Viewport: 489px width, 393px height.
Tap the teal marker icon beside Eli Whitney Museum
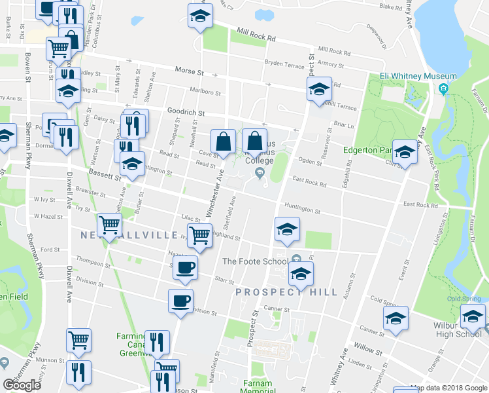444,88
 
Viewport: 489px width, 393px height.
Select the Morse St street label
190,71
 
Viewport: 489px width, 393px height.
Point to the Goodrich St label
186,113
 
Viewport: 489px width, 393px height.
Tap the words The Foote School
255,261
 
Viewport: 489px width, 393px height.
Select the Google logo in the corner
22,385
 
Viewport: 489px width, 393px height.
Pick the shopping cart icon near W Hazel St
110,225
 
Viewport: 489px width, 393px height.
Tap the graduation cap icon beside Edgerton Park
405,152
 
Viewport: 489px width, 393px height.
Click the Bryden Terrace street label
284,65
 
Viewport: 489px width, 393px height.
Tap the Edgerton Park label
366,149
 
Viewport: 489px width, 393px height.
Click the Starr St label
224,281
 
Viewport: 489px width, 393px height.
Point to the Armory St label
331,65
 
